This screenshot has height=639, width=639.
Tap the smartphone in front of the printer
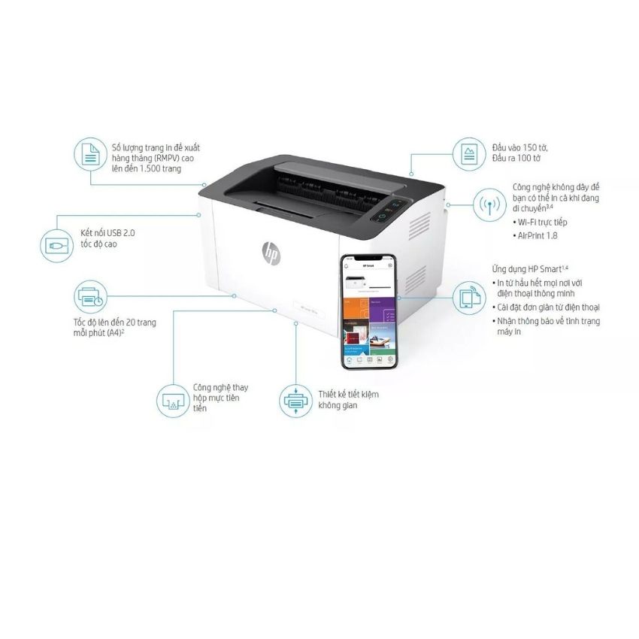pyautogui.click(x=370, y=311)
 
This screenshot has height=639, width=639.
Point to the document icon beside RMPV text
pyautogui.click(x=90, y=155)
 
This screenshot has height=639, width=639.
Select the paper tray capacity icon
pyautogui.click(x=470, y=155)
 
